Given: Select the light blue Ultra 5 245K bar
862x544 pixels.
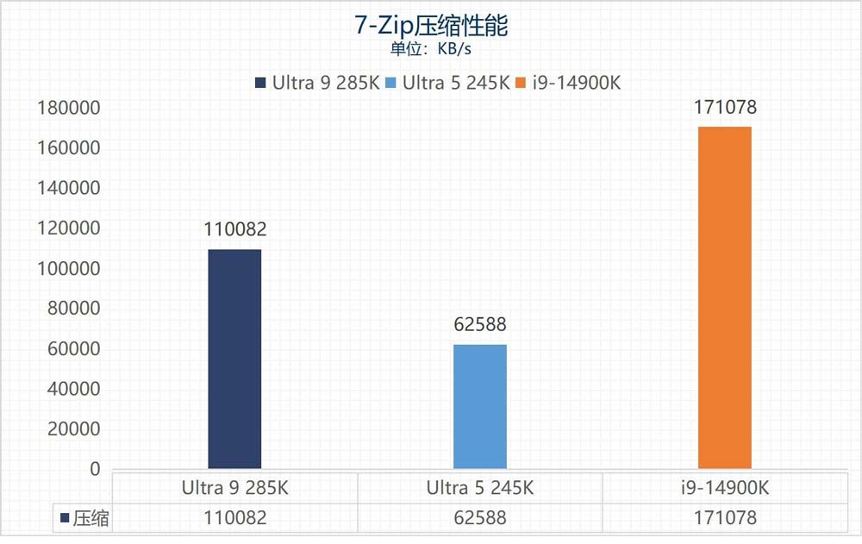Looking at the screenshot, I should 480,406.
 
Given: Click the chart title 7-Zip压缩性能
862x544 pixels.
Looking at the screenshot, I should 431,25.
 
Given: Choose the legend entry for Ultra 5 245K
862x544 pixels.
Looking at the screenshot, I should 447,83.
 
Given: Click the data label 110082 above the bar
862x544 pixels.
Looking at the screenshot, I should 234,229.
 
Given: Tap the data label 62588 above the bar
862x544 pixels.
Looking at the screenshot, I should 480,325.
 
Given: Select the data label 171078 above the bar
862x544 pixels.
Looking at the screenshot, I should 725,108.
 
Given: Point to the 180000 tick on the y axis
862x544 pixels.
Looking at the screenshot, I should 68,108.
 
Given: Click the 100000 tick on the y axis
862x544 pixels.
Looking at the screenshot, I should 68,268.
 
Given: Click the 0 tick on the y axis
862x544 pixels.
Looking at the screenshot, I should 94,469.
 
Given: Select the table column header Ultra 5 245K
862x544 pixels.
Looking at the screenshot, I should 480,488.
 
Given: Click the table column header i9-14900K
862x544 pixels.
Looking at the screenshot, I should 725,488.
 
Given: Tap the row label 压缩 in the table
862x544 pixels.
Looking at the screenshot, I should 90,518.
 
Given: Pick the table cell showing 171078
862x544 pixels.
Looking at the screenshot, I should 725,518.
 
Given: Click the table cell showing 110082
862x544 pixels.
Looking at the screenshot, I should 234,518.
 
